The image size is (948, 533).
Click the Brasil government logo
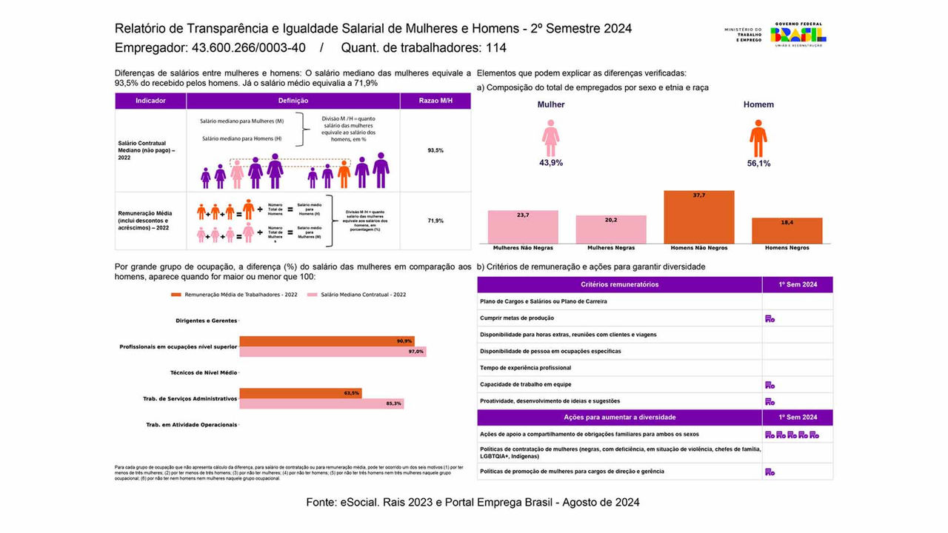pyautogui.click(x=798, y=34)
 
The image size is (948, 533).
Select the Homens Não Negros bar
pyautogui.click(x=698, y=217)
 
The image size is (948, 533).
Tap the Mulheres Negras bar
pyautogui.click(x=611, y=229)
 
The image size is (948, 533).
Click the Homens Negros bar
pyautogui.click(x=787, y=230)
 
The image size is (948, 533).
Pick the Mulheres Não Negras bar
pyautogui.click(x=523, y=227)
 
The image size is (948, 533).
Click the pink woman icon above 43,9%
pyautogui.click(x=550, y=138)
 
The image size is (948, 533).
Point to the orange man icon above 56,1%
pyautogui.click(x=758, y=138)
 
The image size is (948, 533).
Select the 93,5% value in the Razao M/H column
pyautogui.click(x=435, y=150)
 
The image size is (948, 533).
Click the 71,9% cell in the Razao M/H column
pyautogui.click(x=435, y=221)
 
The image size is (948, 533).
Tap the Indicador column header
pyautogui.click(x=150, y=101)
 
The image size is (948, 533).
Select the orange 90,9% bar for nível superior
pyautogui.click(x=326, y=341)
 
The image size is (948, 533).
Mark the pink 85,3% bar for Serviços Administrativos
pyautogui.click(x=321, y=403)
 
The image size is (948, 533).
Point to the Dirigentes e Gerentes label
pyautogui.click(x=207, y=321)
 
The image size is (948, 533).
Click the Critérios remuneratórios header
pyautogui.click(x=619, y=284)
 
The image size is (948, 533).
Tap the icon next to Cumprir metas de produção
pyautogui.click(x=770, y=318)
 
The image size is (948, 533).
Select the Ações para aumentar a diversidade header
pyautogui.click(x=619, y=418)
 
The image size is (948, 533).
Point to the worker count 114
pyautogui.click(x=495, y=48)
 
